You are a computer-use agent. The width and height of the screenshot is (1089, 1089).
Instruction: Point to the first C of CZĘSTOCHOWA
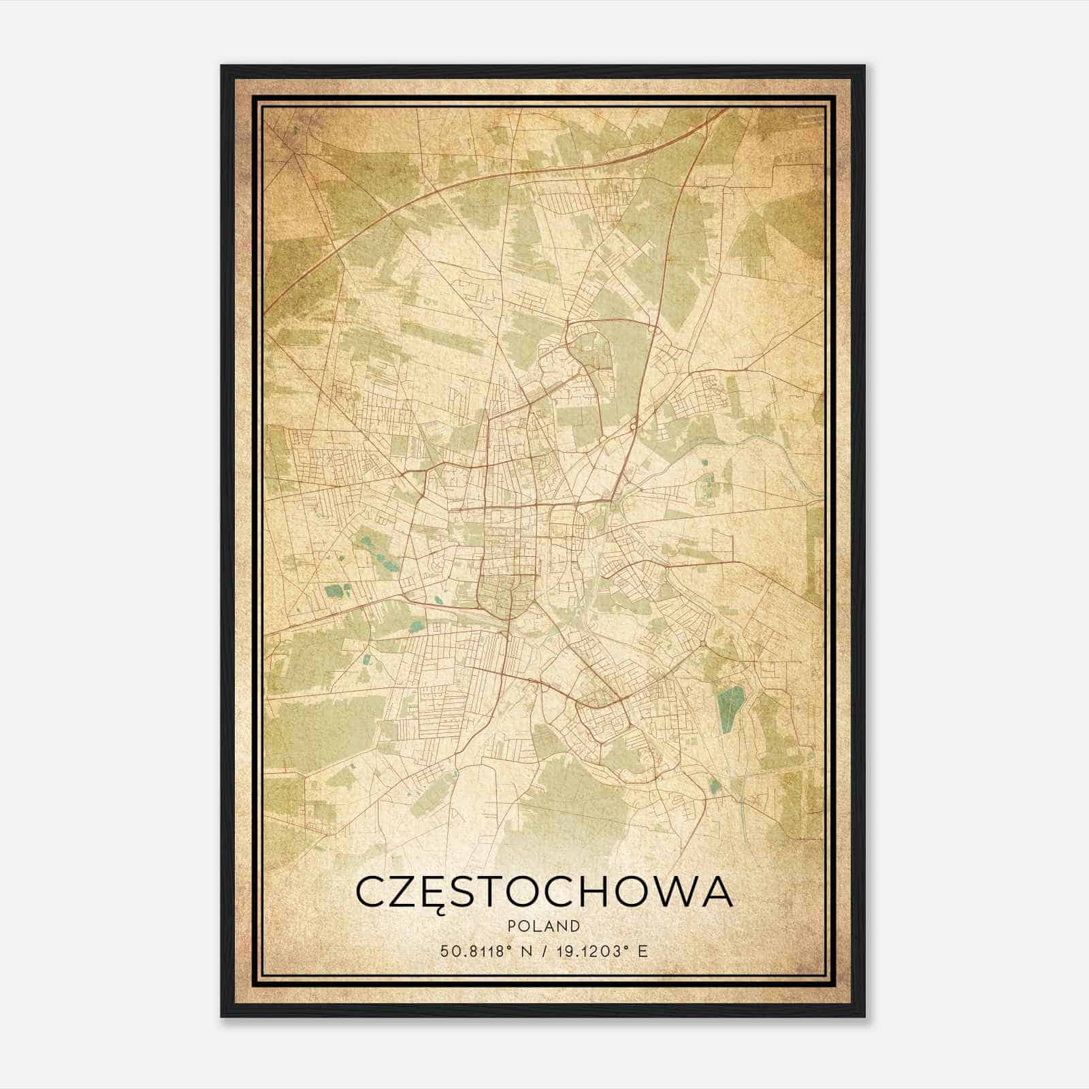click(370, 892)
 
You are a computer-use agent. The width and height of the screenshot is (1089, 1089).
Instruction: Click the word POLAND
click(544, 926)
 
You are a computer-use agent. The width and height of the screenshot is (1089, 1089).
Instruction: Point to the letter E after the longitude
click(643, 952)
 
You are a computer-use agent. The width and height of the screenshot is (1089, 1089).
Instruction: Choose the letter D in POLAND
click(576, 926)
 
